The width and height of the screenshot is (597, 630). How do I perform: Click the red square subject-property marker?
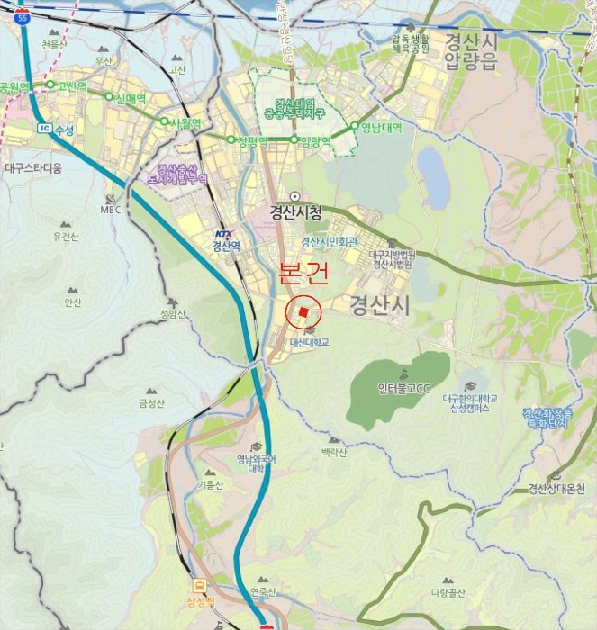point(304,312)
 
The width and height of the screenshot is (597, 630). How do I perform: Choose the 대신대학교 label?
point(309,343)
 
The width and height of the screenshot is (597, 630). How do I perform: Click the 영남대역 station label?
point(381,128)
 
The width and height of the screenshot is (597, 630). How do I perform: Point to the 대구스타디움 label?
point(32,168)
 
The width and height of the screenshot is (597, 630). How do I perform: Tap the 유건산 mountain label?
point(67,238)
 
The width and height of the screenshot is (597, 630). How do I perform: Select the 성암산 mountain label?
point(173,314)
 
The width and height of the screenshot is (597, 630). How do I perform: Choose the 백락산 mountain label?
point(333,452)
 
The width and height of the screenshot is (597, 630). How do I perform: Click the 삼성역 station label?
point(199,601)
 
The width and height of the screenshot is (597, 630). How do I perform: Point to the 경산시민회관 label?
point(330,242)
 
